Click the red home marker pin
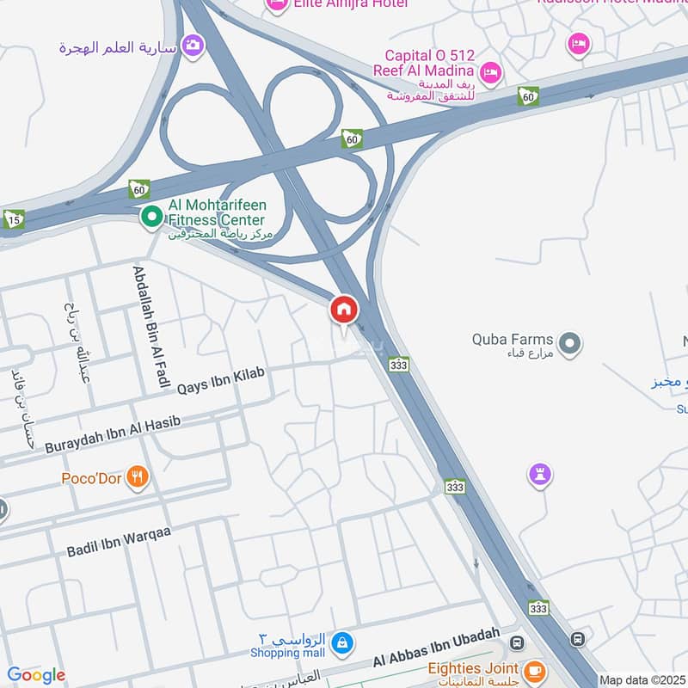click(x=344, y=310)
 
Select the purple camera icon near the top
click(x=193, y=45)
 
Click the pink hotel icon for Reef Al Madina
click(x=490, y=71)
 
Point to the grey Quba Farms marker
click(x=568, y=344)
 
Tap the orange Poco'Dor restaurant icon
click(x=137, y=476)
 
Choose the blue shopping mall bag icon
click(x=342, y=642)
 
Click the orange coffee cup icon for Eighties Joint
click(x=535, y=669)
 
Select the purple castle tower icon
click(x=540, y=474)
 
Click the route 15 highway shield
click(x=14, y=218)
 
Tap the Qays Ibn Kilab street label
click(x=221, y=380)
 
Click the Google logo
click(x=36, y=675)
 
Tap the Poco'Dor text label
click(x=91, y=477)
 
